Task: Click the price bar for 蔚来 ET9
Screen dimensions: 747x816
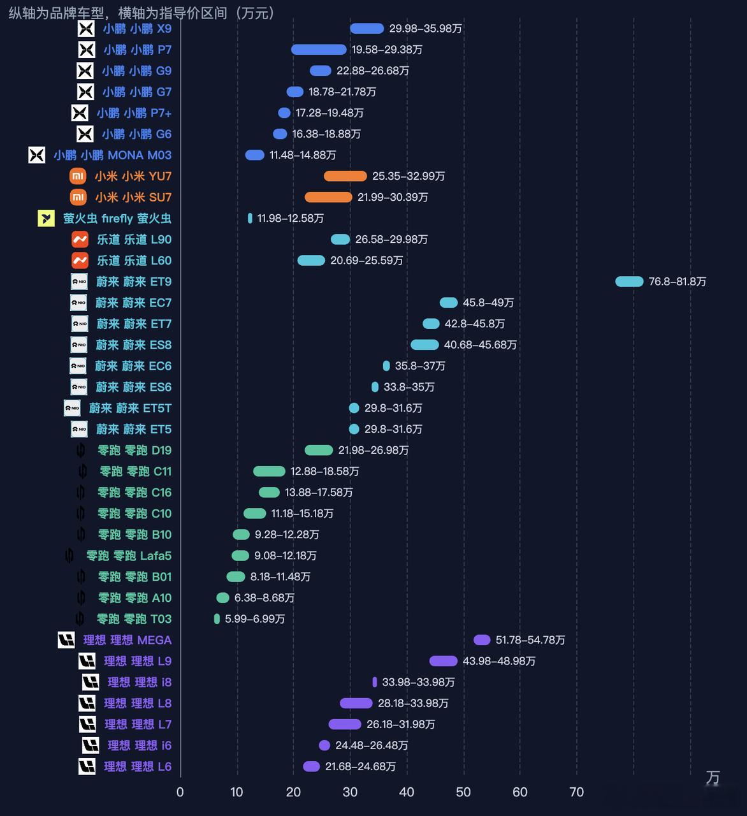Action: click(629, 282)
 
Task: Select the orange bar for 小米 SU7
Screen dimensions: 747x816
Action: click(328, 197)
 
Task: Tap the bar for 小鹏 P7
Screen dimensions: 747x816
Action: click(319, 50)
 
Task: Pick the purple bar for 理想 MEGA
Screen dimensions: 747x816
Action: click(482, 640)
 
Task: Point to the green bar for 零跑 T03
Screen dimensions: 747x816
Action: click(217, 619)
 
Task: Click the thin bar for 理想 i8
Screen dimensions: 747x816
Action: click(375, 682)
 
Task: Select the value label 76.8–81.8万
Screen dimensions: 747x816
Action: click(678, 282)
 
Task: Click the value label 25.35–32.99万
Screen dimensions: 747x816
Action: click(409, 176)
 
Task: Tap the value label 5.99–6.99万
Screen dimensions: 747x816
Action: click(255, 619)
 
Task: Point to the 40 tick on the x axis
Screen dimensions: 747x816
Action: click(407, 792)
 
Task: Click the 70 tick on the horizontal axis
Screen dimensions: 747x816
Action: click(577, 792)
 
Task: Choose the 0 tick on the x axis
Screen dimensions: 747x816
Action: click(180, 792)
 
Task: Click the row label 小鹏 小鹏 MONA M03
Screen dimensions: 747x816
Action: click(113, 155)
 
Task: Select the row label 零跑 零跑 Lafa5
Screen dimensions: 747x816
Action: click(129, 556)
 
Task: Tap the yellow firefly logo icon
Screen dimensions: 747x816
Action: click(47, 219)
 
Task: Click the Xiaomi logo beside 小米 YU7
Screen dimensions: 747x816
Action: click(78, 176)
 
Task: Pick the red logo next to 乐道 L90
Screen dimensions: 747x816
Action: click(80, 239)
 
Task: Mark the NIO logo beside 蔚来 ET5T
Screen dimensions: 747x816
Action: click(72, 408)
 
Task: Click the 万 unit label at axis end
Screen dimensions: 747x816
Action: click(713, 777)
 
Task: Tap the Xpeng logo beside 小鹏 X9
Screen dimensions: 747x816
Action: click(86, 29)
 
